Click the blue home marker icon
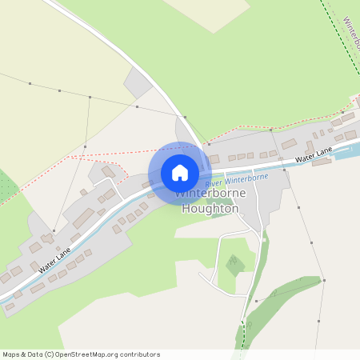pos(180,172)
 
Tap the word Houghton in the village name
pos(210,209)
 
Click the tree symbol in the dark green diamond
pos(233,262)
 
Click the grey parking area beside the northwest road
pos(138,82)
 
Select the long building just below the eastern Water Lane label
pos(322,162)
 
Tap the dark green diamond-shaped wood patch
pos(233,264)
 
